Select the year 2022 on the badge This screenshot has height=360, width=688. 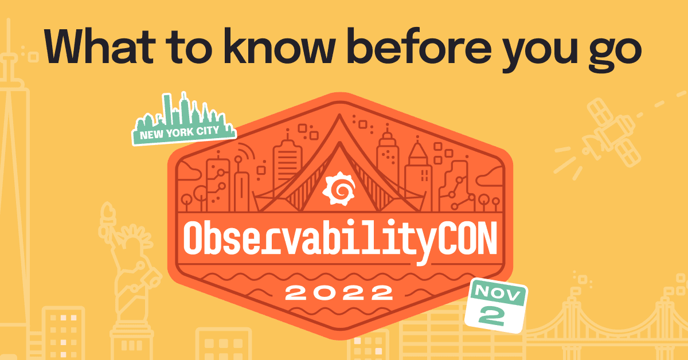[339, 294]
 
